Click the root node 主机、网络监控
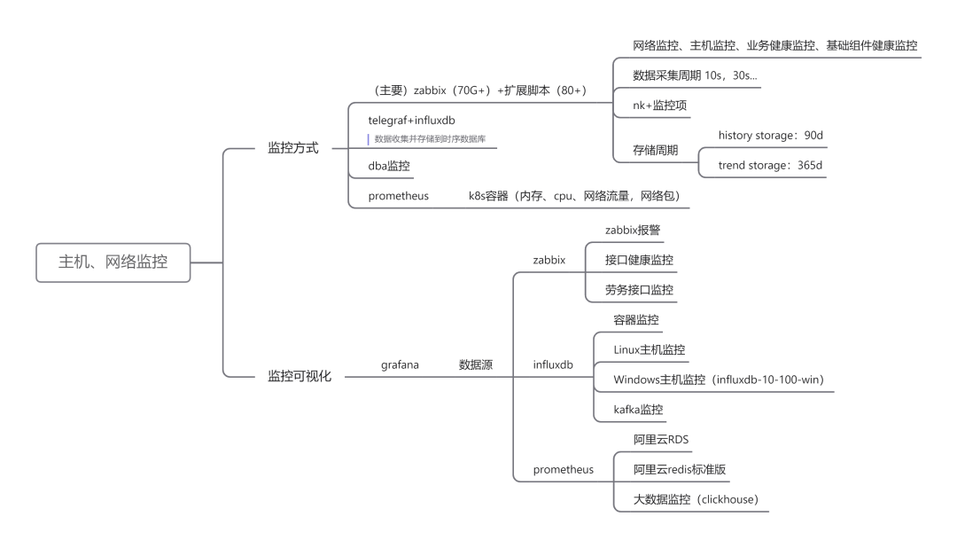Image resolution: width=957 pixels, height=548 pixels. point(113,262)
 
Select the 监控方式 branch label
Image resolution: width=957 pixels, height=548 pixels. point(293,148)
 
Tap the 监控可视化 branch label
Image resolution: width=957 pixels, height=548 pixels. point(300,376)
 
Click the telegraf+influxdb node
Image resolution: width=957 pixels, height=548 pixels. point(411,121)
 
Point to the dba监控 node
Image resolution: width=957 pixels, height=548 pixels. point(389,166)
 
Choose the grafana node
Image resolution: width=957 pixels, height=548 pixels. point(400,364)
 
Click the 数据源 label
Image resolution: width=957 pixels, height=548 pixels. point(476,364)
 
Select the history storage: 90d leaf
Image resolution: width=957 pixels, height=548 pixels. point(770,135)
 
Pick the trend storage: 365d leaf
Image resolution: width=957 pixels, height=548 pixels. point(770,165)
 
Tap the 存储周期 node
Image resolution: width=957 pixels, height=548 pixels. point(655,150)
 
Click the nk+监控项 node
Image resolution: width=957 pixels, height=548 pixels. point(660,106)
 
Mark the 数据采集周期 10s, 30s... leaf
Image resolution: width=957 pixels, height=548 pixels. point(695,75)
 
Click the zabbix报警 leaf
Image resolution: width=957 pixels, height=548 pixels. point(633,230)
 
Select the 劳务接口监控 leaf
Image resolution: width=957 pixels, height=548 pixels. point(639,290)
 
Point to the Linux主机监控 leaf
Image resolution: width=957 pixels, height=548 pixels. point(650,349)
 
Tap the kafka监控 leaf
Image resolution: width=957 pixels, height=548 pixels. point(638,410)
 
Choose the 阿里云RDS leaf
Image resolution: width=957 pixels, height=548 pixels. point(661,439)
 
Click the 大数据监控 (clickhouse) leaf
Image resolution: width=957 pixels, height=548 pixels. point(696,499)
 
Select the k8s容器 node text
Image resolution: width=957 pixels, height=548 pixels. point(488,195)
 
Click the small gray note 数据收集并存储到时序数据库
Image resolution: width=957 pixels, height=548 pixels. point(430,139)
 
